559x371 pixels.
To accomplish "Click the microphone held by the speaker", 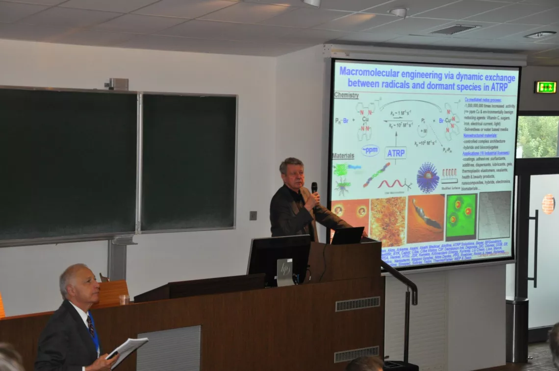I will (314, 188).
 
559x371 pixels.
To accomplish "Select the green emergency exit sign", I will (545, 87).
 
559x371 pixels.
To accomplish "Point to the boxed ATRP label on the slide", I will (395, 153).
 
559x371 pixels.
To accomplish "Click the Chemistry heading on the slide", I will (346, 95).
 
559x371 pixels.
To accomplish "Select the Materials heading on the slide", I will (343, 156).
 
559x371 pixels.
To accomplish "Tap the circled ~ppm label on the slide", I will (370, 150).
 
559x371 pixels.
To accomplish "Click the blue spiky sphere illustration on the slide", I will (428, 177).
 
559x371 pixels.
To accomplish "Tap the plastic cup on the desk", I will (124, 299).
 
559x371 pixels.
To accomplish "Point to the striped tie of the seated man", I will (91, 326).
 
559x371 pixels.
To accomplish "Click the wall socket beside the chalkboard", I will (253, 216).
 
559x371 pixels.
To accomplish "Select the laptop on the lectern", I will (347, 236).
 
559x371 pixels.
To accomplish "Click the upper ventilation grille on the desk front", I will (357, 304).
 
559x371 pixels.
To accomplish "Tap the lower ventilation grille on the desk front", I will (356, 354).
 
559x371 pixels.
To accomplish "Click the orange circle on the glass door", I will (548, 203).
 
